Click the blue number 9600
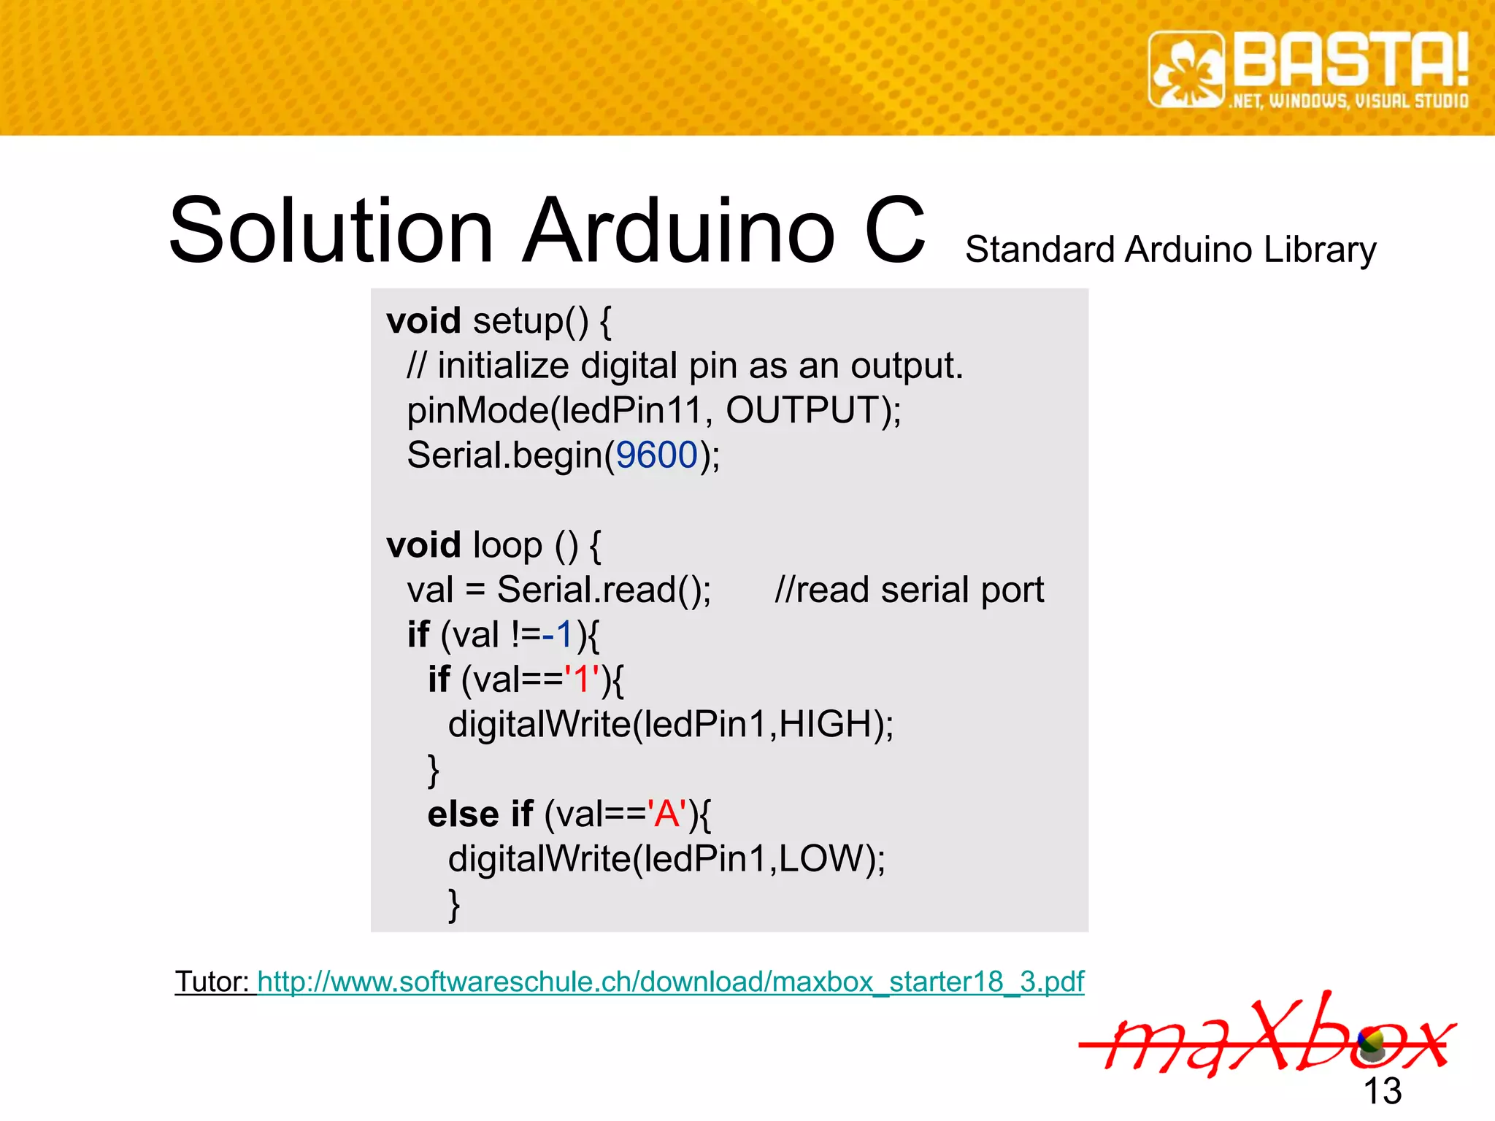(657, 455)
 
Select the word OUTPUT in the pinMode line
(803, 410)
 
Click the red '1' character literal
(583, 679)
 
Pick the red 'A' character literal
(666, 814)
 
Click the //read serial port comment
(909, 590)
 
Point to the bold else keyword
(463, 814)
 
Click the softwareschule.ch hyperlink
(670, 982)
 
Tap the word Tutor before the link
(212, 982)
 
